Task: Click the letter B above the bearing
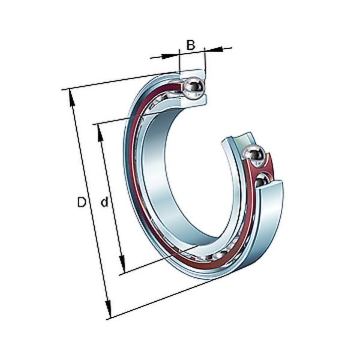191,45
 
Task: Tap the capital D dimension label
82,202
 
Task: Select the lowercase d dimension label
104,202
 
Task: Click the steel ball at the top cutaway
194,88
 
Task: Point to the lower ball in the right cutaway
262,181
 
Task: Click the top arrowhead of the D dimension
71,98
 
